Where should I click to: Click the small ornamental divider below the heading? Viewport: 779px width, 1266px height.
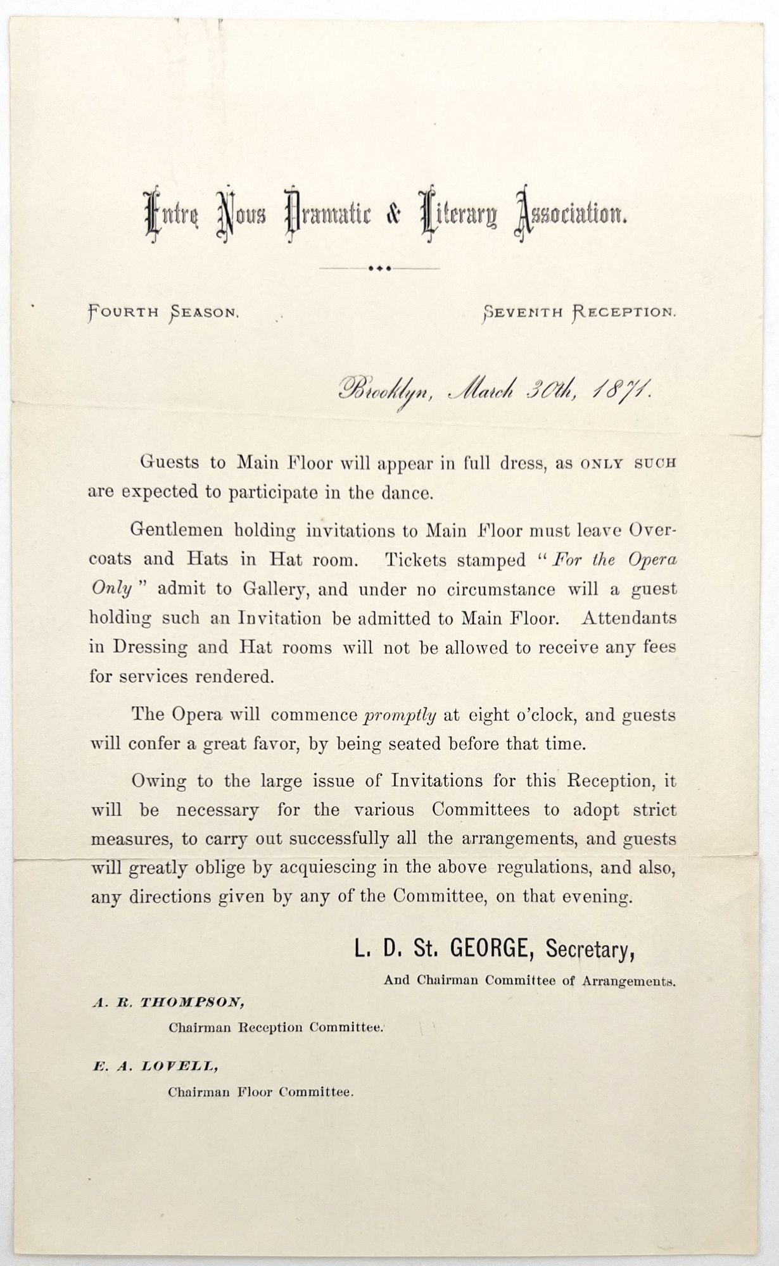pyautogui.click(x=379, y=268)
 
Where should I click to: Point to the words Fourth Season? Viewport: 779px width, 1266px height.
pyautogui.click(x=163, y=312)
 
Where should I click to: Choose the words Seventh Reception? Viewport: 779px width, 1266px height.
pyautogui.click(x=579, y=312)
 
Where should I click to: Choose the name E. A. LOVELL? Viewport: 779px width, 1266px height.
pyautogui.click(x=155, y=1066)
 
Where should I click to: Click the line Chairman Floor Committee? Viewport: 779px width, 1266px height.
pyautogui.click(x=260, y=1092)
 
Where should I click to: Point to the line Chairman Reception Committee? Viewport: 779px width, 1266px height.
pyautogui.click(x=276, y=1027)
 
